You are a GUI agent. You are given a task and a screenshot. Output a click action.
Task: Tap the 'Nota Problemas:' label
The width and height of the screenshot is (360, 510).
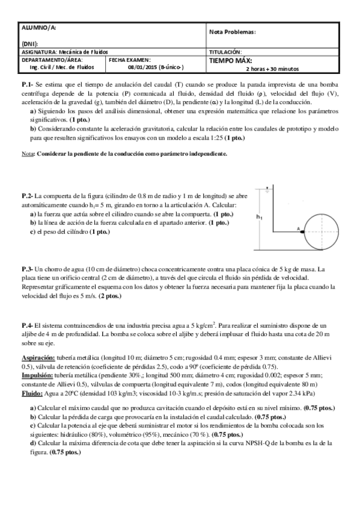click(233, 32)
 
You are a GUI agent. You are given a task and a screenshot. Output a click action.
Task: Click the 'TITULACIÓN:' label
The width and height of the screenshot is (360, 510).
click(225, 52)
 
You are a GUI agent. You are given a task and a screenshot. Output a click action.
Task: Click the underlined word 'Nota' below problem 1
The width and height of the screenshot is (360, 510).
click(26, 154)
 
